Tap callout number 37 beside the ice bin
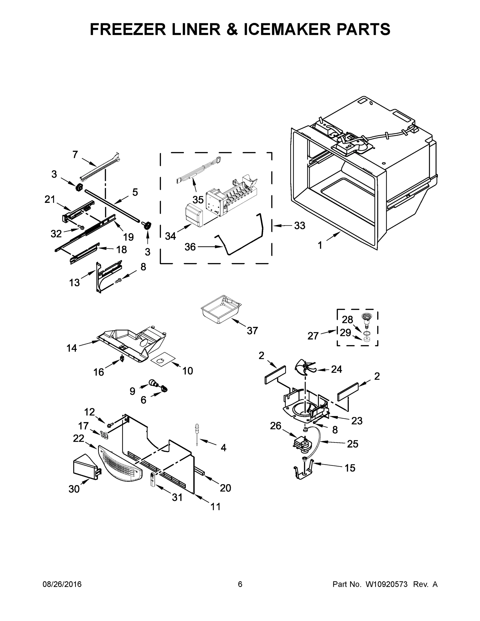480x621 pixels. (252, 330)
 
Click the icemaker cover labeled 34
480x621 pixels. (193, 215)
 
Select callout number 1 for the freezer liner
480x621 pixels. (320, 245)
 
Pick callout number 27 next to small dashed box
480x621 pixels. (313, 336)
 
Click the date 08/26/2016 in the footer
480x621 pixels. (62, 584)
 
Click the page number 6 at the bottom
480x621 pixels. (240, 584)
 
